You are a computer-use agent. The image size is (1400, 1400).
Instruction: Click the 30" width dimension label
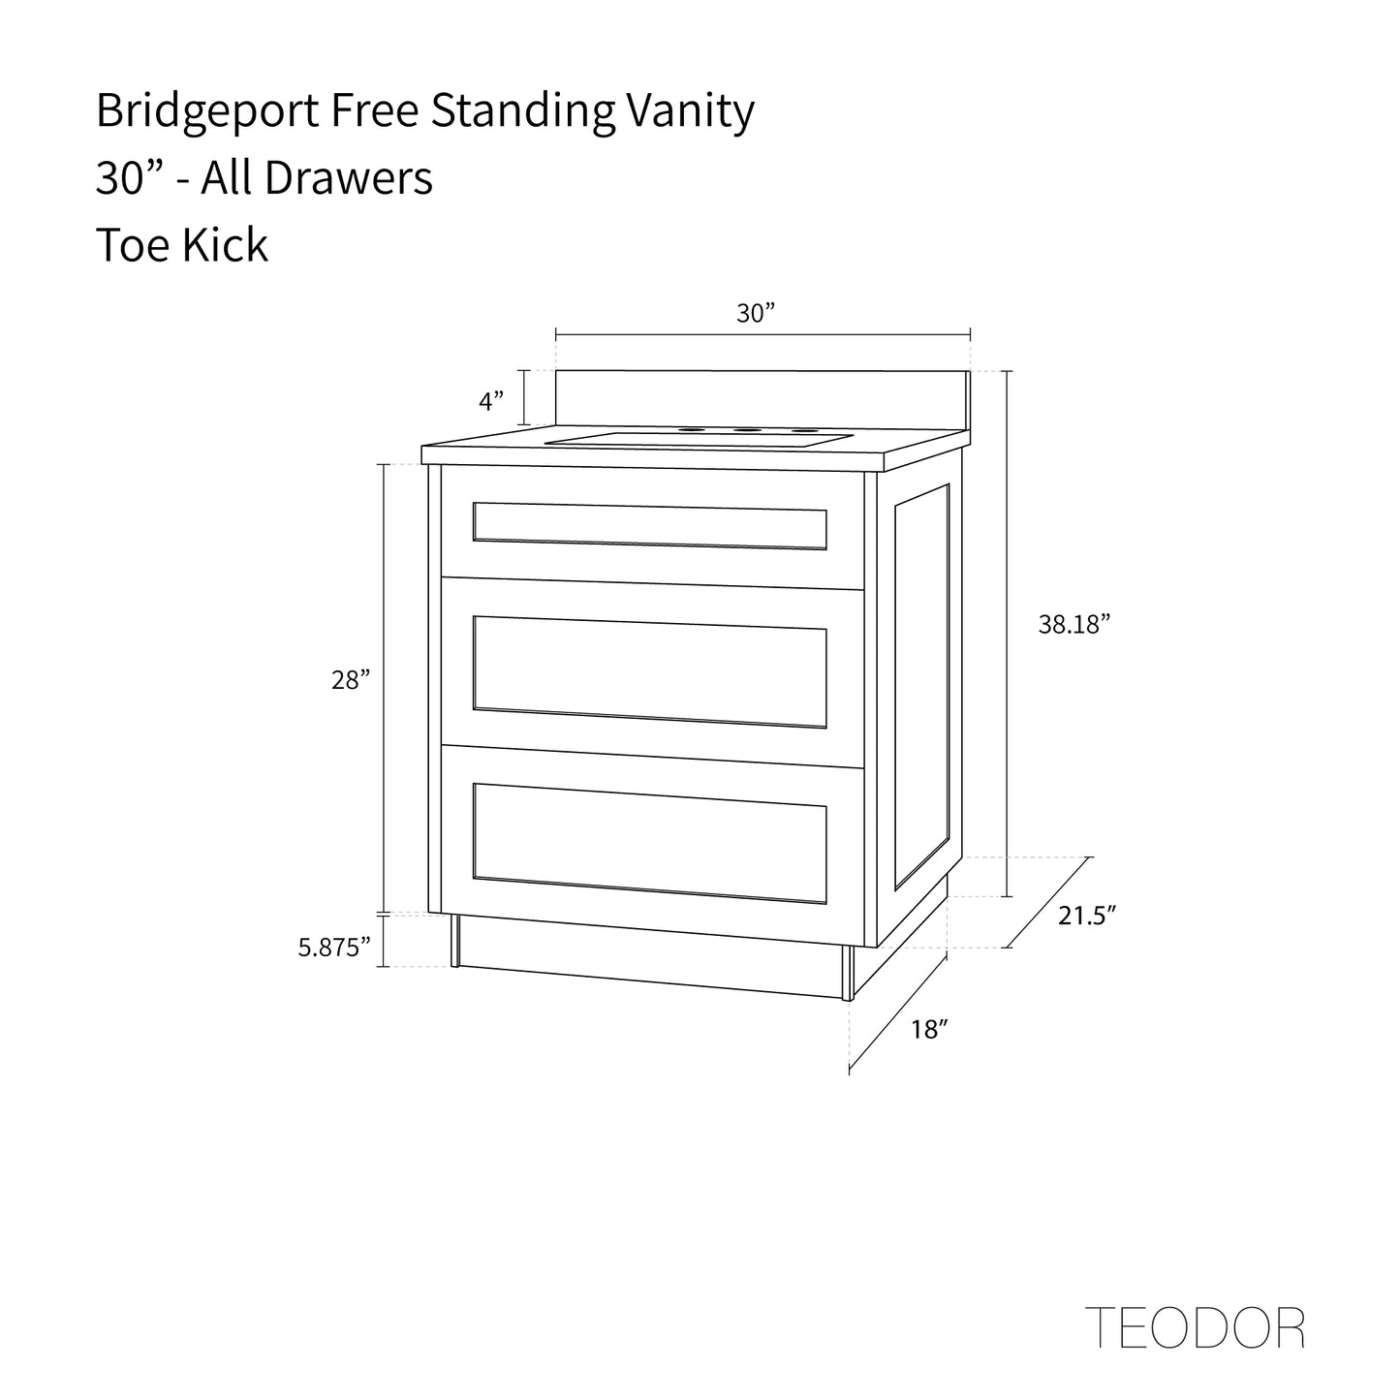(x=757, y=314)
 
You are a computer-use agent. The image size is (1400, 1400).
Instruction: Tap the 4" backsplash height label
(x=492, y=400)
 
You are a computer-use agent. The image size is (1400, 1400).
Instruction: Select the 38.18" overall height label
(x=1073, y=625)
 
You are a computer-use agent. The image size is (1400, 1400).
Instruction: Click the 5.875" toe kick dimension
(x=334, y=947)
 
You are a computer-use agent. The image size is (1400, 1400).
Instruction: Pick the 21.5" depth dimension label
(x=1087, y=916)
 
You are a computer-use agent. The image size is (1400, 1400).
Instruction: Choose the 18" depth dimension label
(x=928, y=1029)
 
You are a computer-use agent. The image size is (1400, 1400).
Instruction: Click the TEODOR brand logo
(x=1195, y=1327)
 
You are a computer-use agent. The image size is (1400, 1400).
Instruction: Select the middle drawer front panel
(x=650, y=671)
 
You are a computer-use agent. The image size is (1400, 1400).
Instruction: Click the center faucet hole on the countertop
(x=745, y=429)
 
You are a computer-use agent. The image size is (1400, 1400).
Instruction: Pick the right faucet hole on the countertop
(x=801, y=430)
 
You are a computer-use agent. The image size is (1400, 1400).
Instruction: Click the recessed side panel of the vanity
(x=921, y=685)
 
